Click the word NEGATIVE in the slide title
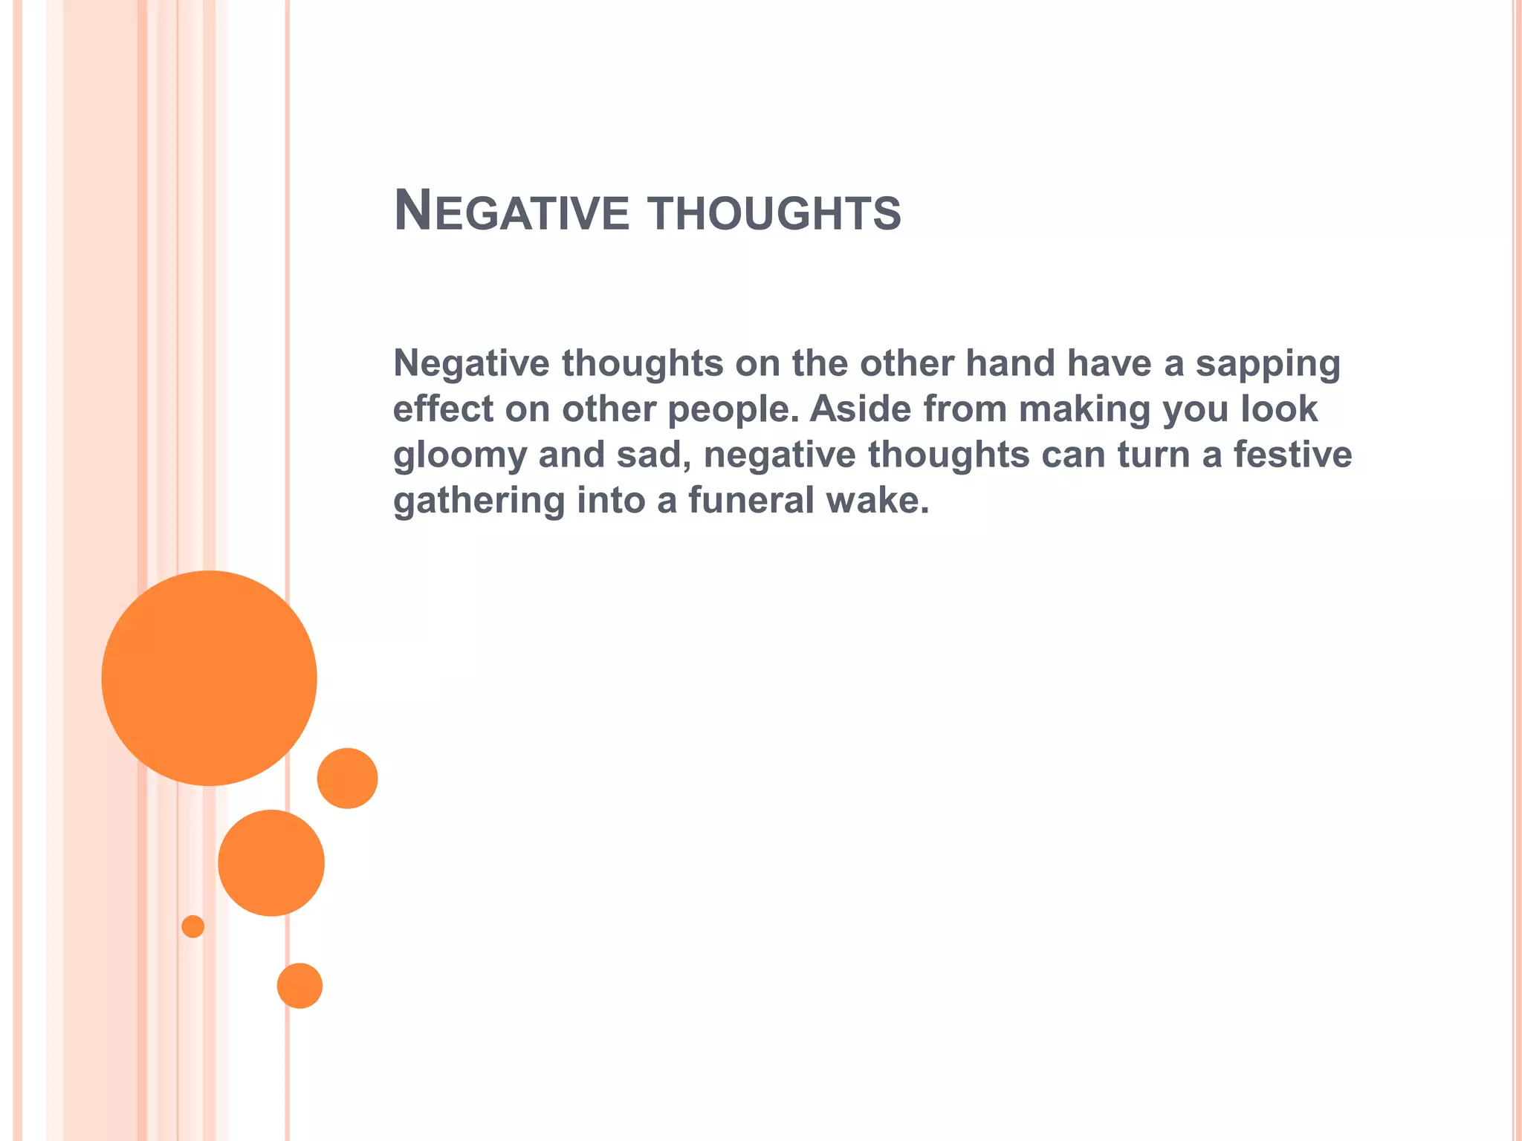click(511, 212)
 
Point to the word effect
click(443, 409)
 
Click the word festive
click(1292, 455)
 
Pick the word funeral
click(751, 500)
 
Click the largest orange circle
click(209, 677)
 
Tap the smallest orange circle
click(192, 926)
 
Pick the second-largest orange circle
click(271, 862)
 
